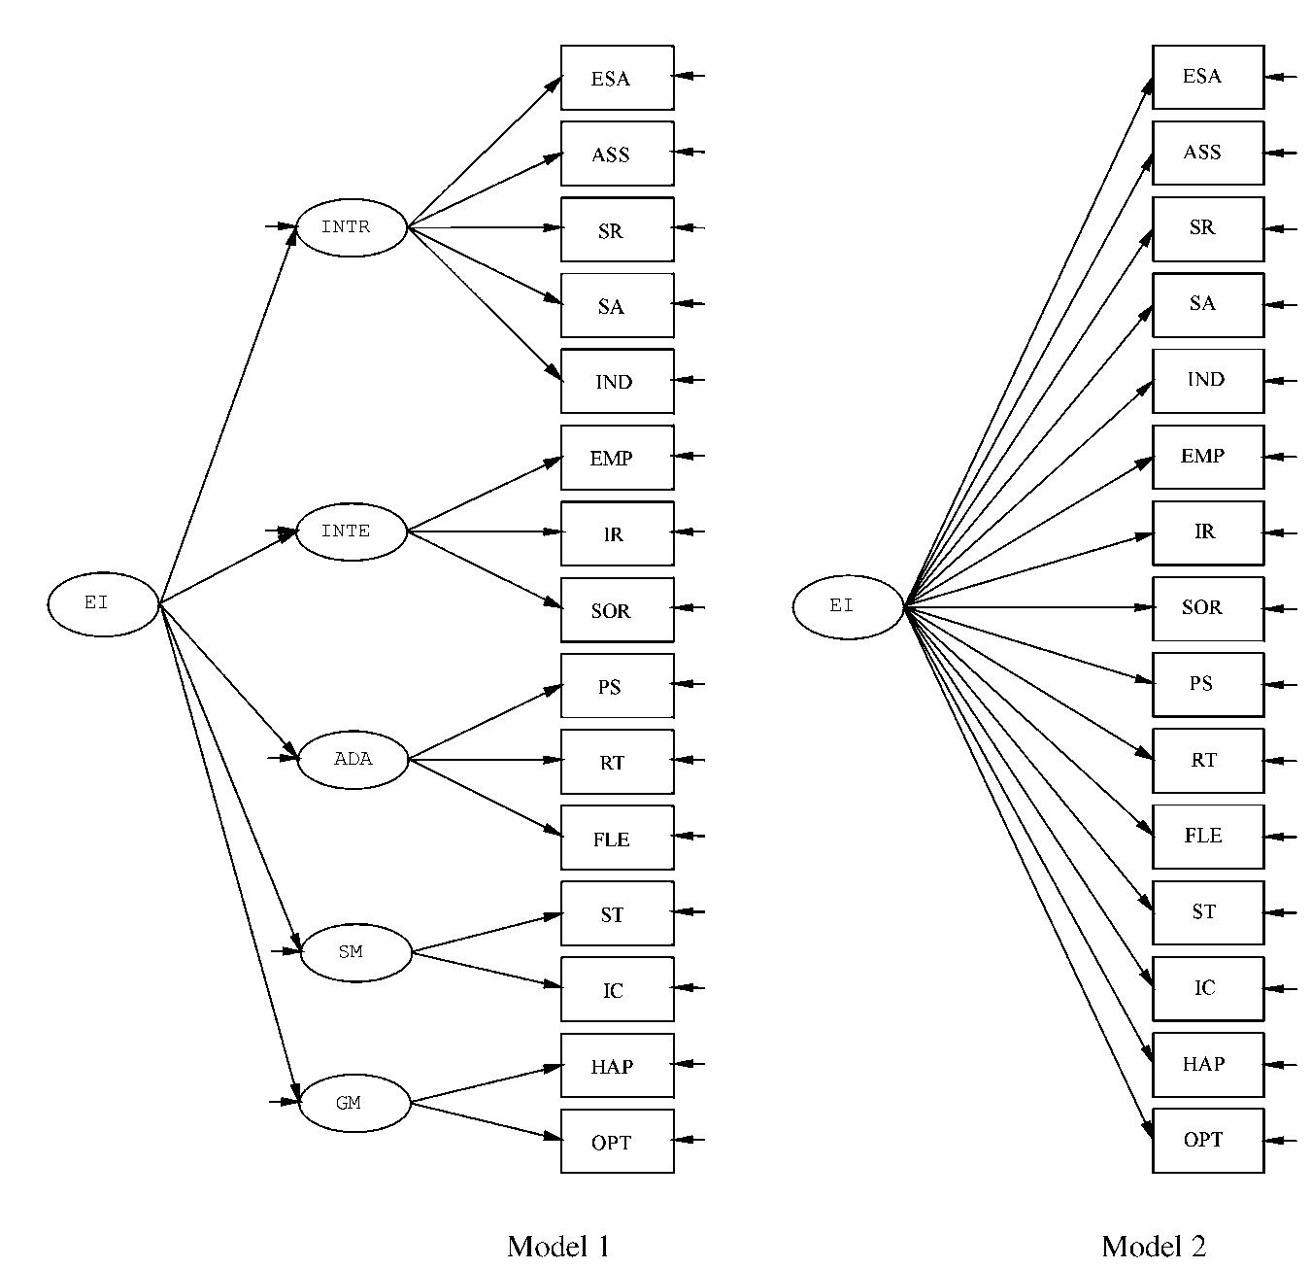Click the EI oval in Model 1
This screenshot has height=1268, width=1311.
pos(103,604)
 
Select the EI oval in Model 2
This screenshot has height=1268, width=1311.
pos(848,607)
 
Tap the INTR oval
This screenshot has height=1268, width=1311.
pos(351,227)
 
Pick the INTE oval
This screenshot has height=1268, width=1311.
pos(351,531)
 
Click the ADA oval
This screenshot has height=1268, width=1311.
pos(353,760)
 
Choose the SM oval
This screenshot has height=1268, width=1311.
pos(355,952)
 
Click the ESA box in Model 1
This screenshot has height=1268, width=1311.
pos(617,78)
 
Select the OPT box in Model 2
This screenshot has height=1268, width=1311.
pos(1208,1141)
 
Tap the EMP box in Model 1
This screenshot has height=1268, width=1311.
pos(617,458)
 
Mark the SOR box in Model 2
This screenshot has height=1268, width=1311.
pos(1208,608)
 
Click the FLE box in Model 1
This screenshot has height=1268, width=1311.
pos(617,838)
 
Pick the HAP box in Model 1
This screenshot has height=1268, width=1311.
pos(617,1066)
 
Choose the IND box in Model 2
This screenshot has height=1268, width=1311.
pos(1208,380)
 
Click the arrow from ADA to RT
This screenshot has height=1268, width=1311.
pos(486,760)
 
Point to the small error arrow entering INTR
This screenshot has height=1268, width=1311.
pos(280,226)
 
